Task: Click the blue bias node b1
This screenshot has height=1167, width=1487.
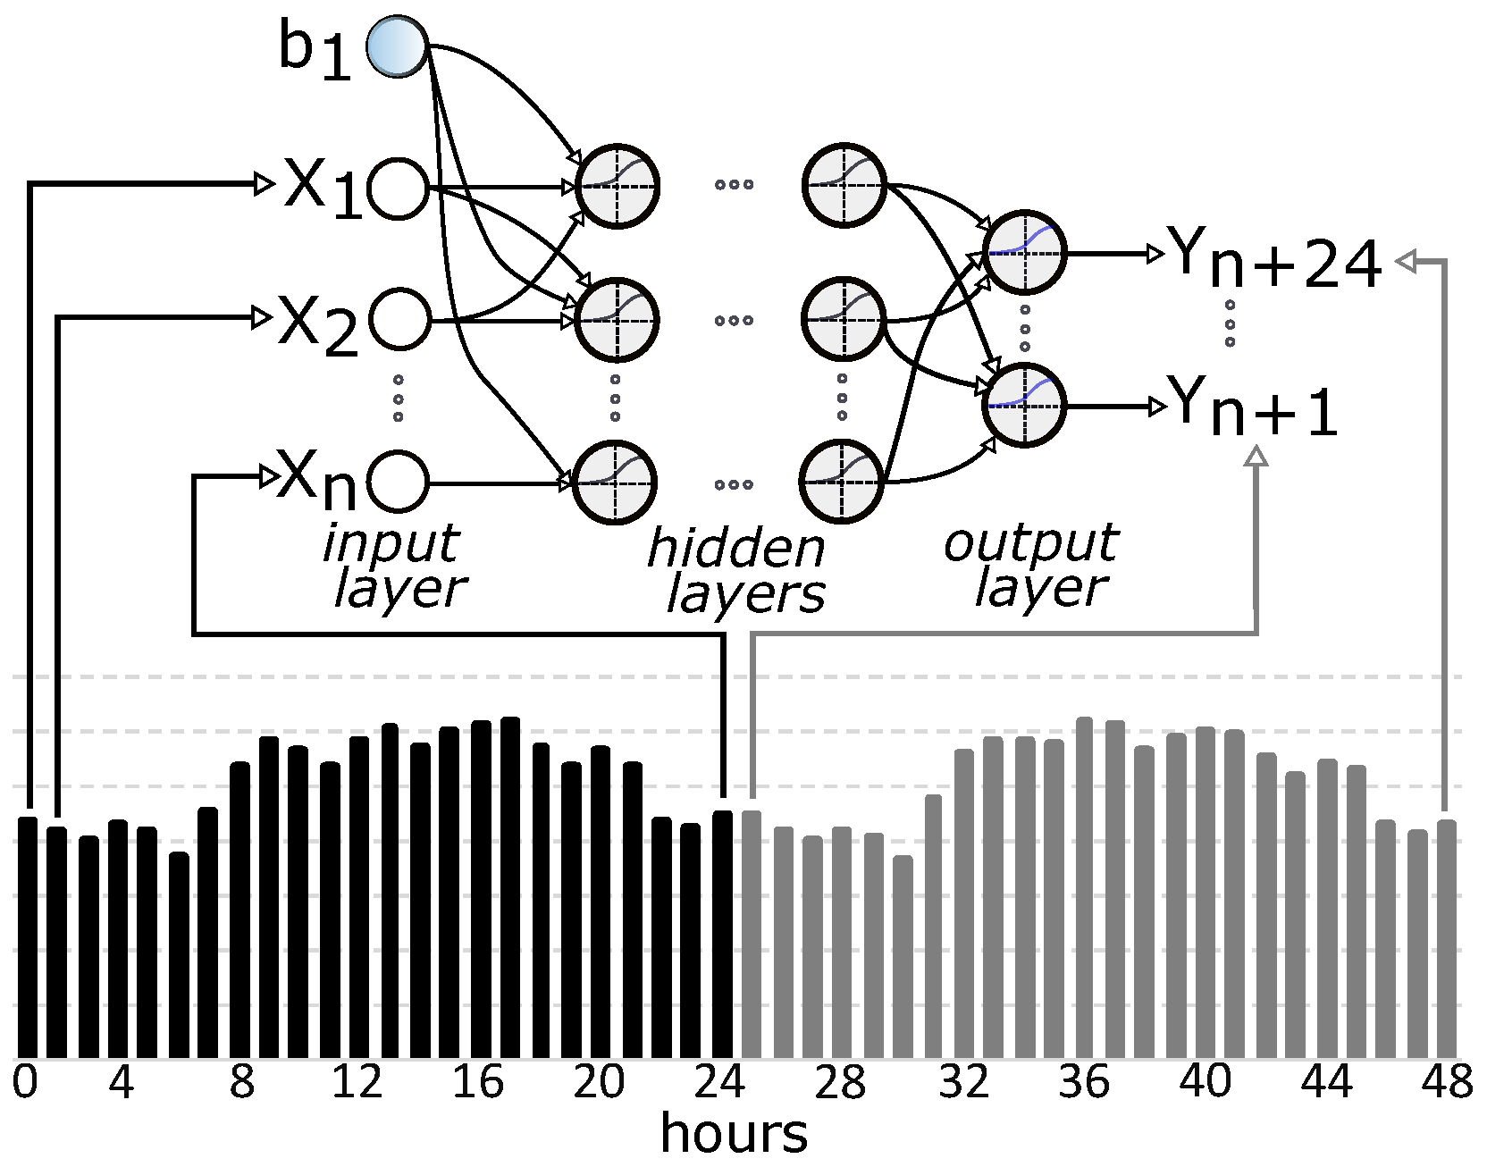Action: click(398, 45)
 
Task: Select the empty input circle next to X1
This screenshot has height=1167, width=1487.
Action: click(399, 189)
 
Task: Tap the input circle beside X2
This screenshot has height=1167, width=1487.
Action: click(399, 319)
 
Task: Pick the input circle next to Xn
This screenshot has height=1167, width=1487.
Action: click(399, 483)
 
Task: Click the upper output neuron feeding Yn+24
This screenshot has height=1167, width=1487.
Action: click(1024, 253)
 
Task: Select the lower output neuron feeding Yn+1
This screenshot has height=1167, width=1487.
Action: click(1024, 406)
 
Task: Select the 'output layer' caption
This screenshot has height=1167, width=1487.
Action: click(1033, 565)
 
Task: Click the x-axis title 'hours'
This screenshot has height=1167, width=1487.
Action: click(734, 1133)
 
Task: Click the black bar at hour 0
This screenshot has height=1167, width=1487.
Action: click(28, 938)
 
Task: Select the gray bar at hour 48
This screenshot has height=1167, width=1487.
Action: click(1446, 938)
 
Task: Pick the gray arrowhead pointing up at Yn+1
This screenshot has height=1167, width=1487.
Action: click(1256, 457)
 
